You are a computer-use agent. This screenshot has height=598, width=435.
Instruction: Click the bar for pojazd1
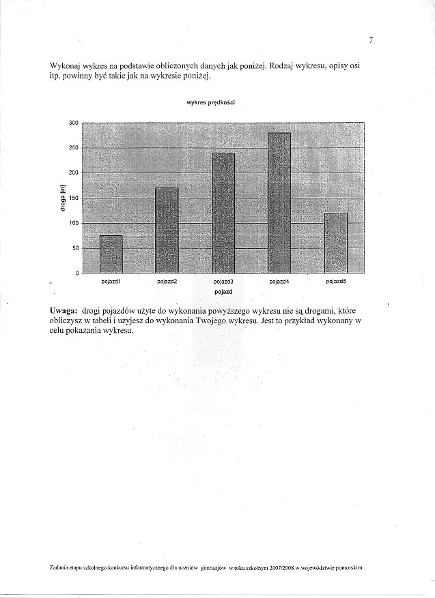pyautogui.click(x=111, y=254)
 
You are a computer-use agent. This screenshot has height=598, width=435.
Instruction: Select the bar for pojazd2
pyautogui.click(x=167, y=230)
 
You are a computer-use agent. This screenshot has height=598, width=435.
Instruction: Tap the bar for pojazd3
pyautogui.click(x=223, y=213)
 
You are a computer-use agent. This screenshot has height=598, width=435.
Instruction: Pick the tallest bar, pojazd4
pyautogui.click(x=279, y=203)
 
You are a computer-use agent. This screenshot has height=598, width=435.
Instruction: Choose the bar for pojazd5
pyautogui.click(x=335, y=243)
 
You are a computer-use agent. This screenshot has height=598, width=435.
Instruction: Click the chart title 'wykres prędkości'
pyautogui.click(x=211, y=104)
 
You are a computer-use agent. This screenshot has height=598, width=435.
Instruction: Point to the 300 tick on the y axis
pyautogui.click(x=74, y=123)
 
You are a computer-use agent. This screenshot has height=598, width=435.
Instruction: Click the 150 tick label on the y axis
pyautogui.click(x=74, y=198)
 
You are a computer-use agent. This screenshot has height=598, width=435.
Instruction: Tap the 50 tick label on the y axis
pyautogui.click(x=75, y=248)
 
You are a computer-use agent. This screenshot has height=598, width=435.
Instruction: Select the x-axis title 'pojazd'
pyautogui.click(x=223, y=292)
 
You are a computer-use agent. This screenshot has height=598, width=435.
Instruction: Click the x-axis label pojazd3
pyautogui.click(x=223, y=281)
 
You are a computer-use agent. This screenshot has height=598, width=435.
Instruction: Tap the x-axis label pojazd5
pyautogui.click(x=336, y=281)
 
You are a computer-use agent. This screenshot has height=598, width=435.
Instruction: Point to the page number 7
pyautogui.click(x=371, y=40)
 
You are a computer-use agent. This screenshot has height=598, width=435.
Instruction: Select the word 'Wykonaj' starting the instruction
pyautogui.click(x=65, y=65)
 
